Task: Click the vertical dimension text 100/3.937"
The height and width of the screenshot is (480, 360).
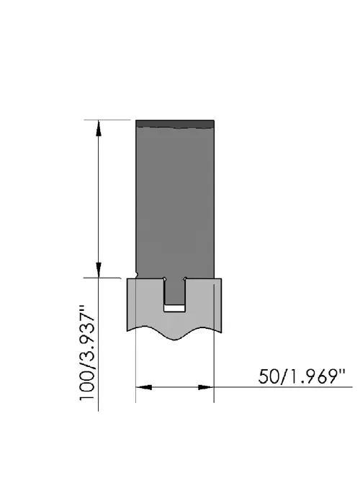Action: pyautogui.click(x=86, y=353)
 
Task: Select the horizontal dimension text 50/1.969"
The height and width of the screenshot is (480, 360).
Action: pyautogui.click(x=302, y=376)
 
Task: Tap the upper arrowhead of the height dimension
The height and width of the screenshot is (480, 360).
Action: pyautogui.click(x=99, y=128)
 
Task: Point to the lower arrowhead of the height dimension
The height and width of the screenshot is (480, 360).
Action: pyautogui.click(x=99, y=270)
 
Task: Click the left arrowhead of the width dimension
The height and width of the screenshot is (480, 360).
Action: pyautogui.click(x=144, y=387)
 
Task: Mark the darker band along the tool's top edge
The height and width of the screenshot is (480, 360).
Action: pyautogui.click(x=175, y=124)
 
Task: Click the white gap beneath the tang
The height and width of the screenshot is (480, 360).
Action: pyautogui.click(x=175, y=308)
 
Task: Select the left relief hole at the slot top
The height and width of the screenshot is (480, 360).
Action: pyautogui.click(x=165, y=279)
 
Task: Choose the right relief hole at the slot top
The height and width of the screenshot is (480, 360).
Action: pyautogui.click(x=185, y=279)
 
